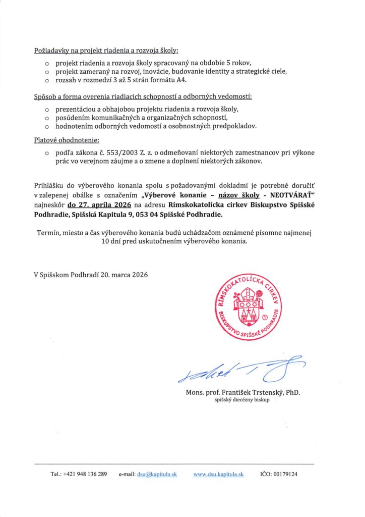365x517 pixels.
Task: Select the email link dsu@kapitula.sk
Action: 156,475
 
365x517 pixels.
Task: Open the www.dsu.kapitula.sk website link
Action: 218,475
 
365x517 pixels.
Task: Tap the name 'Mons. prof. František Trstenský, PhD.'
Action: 246,392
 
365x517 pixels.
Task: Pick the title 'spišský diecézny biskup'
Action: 242,400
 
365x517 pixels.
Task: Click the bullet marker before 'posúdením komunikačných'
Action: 47,118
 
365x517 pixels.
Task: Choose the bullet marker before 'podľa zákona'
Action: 47,152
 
